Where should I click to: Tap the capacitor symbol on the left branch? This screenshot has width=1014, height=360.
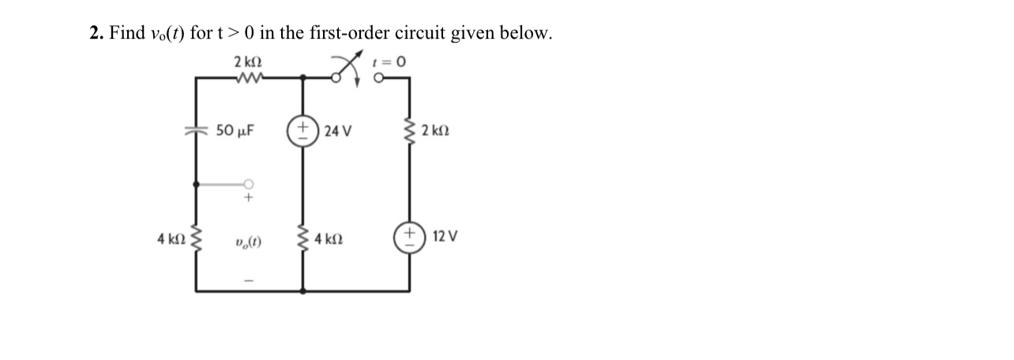pos(195,131)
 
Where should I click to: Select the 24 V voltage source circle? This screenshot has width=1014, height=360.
pos(302,130)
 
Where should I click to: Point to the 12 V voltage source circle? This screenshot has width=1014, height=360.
pos(409,237)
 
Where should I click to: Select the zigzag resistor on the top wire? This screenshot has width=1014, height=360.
pos(248,77)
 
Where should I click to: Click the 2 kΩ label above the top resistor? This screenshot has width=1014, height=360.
pos(248,61)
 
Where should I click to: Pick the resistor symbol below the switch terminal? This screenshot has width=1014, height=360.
pos(409,130)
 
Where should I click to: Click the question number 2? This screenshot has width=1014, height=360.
pos(95,33)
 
